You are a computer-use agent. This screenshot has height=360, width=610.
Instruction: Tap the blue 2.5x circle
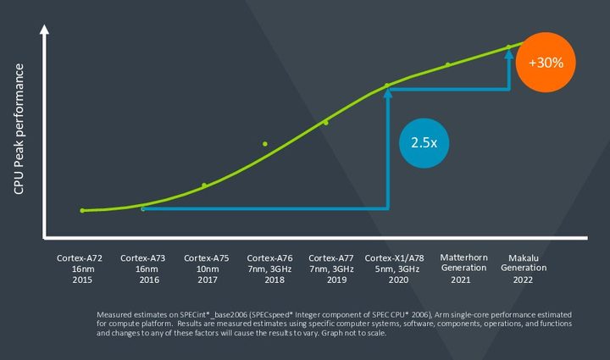coord(424,142)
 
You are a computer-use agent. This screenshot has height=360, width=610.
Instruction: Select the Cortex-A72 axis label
coord(81,269)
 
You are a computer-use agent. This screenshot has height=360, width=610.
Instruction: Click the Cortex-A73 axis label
coord(144,269)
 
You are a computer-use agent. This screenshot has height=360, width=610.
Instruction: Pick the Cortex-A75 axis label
coord(207,269)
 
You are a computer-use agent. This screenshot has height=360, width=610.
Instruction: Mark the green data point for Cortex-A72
coord(82,210)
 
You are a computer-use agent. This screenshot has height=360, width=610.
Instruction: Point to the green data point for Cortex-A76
coord(265,144)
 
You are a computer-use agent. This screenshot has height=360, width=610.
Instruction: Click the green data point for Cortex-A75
coord(204,185)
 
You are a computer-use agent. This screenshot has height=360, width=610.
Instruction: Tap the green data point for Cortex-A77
coord(326,123)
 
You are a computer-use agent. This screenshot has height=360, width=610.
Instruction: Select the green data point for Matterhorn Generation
coord(448,64)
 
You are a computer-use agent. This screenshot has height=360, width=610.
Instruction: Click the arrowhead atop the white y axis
coord(45,33)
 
